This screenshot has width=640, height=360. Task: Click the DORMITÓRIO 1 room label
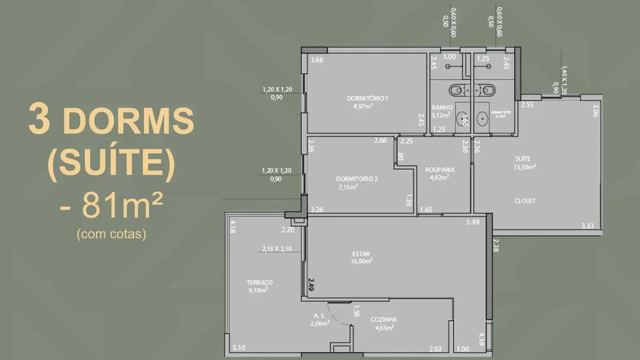pyautogui.click(x=367, y=99)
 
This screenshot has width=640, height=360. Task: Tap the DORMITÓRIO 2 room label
pyautogui.click(x=357, y=178)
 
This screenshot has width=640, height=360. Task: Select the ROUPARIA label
pyautogui.click(x=440, y=169)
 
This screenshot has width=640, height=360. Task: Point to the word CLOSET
pyautogui.click(x=524, y=201)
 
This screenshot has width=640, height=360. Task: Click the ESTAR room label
pyautogui.click(x=361, y=255)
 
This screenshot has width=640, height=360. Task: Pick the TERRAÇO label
pyautogui.click(x=259, y=282)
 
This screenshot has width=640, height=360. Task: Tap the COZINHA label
pyautogui.click(x=383, y=320)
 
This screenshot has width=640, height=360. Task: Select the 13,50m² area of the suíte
pyautogui.click(x=525, y=166)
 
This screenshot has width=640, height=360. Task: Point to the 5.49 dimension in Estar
pyautogui.click(x=472, y=222)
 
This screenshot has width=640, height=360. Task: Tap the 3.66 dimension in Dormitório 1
pyautogui.click(x=317, y=60)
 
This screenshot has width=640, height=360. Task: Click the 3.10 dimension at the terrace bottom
pyautogui.click(x=239, y=348)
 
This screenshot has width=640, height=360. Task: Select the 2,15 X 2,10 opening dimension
pyautogui.click(x=277, y=249)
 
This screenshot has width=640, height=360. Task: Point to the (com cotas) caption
pyautogui.click(x=111, y=234)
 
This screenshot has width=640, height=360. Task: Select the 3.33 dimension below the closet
pyautogui.click(x=587, y=225)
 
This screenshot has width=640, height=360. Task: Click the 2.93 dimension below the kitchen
pyautogui.click(x=435, y=348)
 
